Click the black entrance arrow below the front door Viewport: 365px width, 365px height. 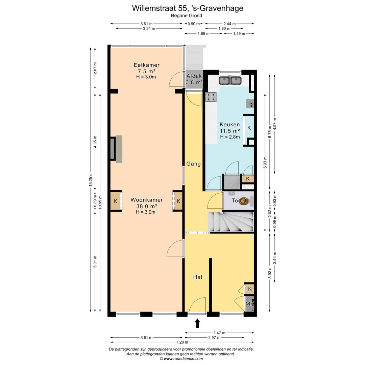pos(197,323)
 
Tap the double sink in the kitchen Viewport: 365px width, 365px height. pos(230,80)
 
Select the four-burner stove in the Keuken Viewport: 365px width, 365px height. pos(211,97)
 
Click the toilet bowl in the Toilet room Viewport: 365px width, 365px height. pos(243,201)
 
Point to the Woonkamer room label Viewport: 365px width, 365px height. pos(147,200)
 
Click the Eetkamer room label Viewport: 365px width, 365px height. pos(146,65)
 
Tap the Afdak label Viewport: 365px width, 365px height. pos(194,76)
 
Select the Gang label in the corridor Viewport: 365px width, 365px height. pos(193,164)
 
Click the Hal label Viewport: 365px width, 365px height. pos(198,277)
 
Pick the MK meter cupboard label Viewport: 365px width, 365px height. pos(250,304)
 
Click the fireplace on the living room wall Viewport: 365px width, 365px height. pos(116,149)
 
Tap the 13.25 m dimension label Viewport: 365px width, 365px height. pos(91,179)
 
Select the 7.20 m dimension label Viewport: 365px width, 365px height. pos(182,342)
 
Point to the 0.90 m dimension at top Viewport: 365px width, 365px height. pos(194,24)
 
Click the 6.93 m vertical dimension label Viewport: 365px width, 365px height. pos(265,163)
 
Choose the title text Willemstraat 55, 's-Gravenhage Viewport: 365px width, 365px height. pos(188,8)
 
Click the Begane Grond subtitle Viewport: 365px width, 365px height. pos(187,16)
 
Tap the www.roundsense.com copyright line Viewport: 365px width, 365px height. pos(181,359)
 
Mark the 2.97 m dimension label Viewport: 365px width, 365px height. pos(214,338)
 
